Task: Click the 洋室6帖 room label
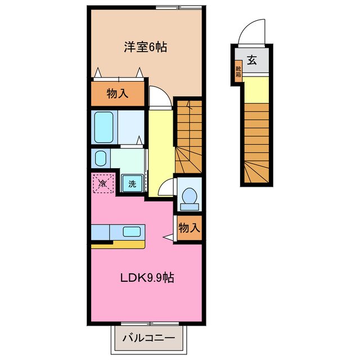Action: [145, 47]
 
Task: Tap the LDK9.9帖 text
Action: [146, 277]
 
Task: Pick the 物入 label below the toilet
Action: [188, 228]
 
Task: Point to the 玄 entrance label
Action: [252, 61]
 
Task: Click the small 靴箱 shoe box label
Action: [238, 71]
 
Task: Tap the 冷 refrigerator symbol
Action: [103, 183]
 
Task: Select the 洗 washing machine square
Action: [132, 183]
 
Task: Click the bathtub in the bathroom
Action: [104, 127]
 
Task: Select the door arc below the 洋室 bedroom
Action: [159, 96]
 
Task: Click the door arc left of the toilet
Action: [167, 188]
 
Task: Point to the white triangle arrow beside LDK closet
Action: [168, 238]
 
